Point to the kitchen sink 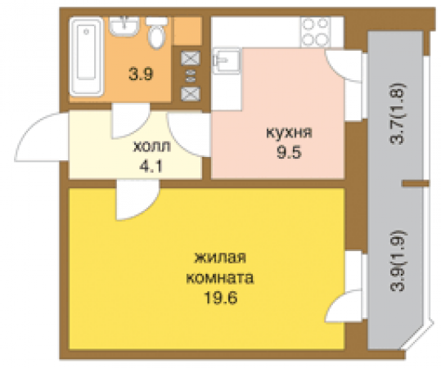pyautogui.click(x=226, y=61)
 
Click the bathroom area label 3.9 pyautogui.click(x=140, y=74)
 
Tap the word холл pyautogui.click(x=152, y=148)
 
